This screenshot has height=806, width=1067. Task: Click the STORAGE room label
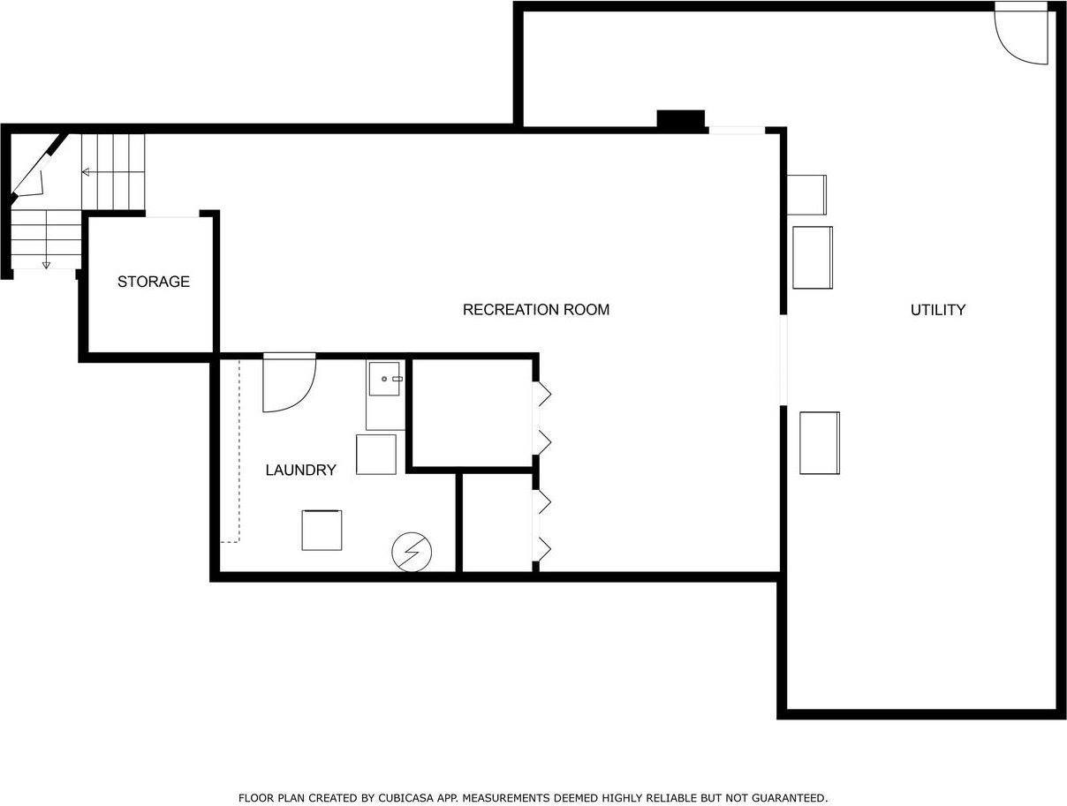(x=154, y=282)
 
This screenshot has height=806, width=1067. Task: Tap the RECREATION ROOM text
(x=536, y=310)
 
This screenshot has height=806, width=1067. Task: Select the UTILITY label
(x=937, y=310)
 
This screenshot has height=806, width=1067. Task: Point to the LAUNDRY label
(x=300, y=471)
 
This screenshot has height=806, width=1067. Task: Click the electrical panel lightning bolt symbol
(x=412, y=552)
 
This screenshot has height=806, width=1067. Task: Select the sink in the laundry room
(x=385, y=379)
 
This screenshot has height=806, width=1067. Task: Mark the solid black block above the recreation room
(x=680, y=119)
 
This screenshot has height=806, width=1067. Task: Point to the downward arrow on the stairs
(x=46, y=263)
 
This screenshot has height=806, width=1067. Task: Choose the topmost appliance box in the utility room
(x=806, y=195)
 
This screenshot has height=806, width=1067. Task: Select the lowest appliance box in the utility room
(x=820, y=442)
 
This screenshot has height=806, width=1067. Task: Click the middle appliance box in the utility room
(x=813, y=257)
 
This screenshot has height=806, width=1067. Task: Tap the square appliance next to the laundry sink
(x=376, y=455)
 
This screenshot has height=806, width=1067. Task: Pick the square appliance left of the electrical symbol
(x=322, y=530)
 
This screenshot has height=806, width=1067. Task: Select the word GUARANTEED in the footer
(x=783, y=798)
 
